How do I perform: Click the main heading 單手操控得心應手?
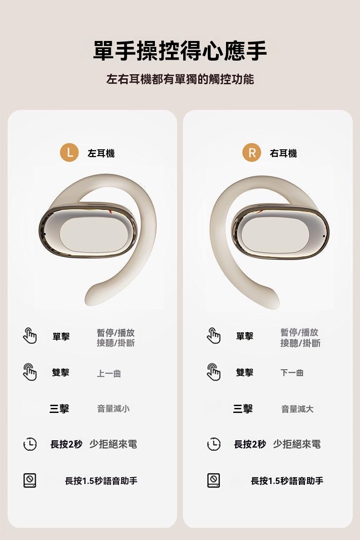point(180,51)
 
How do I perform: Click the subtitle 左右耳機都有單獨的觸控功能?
point(180,79)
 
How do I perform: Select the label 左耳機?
point(101,154)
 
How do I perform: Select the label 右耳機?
point(283,154)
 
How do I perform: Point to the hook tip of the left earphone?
point(93,296)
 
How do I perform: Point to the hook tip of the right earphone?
point(272,296)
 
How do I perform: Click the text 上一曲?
point(109,373)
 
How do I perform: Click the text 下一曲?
point(292,373)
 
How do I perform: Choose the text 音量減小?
point(113,409)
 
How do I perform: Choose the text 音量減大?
point(297,409)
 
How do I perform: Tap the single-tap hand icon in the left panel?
point(30,336)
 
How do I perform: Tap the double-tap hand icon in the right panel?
point(214,372)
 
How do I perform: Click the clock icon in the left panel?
point(30,444)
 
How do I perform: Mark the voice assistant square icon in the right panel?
point(213,480)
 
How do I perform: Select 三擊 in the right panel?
point(243,409)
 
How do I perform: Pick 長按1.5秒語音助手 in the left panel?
point(101,481)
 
